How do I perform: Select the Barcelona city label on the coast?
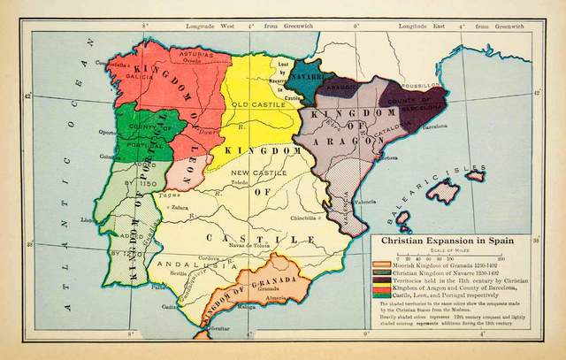point(435,126)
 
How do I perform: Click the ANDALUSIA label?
point(188,263)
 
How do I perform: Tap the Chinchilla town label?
point(302,216)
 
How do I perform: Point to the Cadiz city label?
point(169,306)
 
